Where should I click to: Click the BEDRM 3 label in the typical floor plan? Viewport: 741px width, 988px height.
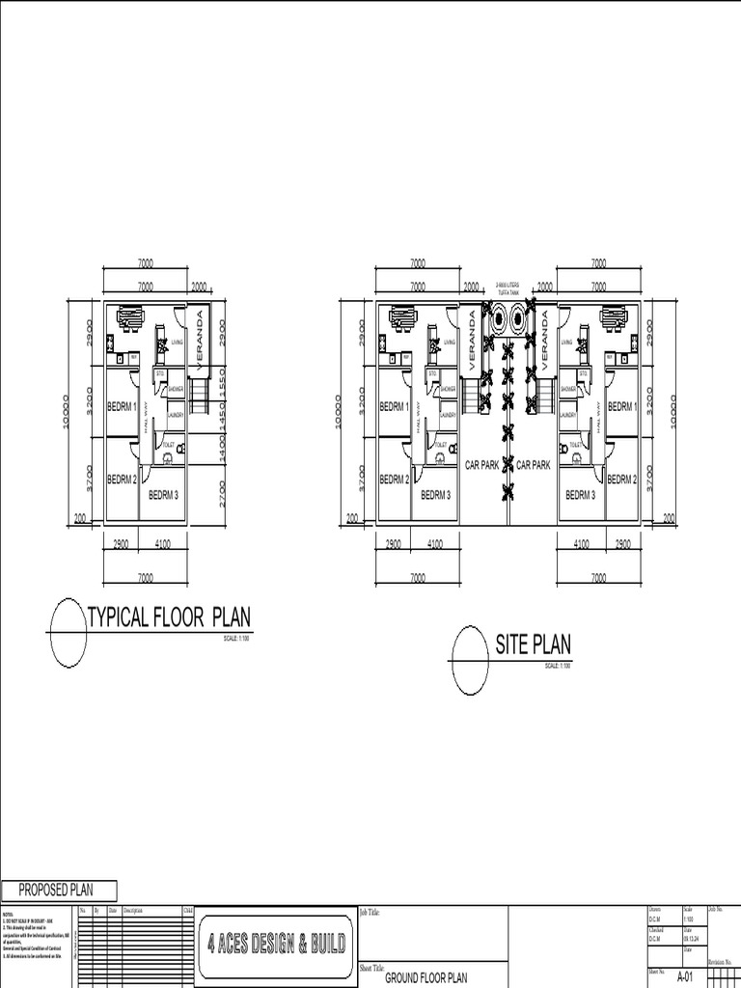point(163,496)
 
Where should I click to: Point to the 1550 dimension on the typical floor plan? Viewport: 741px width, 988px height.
point(221,381)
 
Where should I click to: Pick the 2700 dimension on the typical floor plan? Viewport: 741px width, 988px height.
point(221,491)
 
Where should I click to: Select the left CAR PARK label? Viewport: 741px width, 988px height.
point(481,465)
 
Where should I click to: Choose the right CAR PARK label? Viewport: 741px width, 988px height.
point(533,465)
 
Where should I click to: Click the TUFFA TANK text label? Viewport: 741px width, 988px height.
point(508,289)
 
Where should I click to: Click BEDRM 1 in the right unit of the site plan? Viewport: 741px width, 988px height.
point(621,406)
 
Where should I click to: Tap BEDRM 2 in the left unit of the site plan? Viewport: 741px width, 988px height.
point(394,480)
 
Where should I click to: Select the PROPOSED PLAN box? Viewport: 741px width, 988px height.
point(60,891)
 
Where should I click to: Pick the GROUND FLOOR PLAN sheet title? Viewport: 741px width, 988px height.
point(425,976)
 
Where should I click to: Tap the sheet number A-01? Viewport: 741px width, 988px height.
point(685,976)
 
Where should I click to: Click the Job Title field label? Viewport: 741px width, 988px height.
point(370,912)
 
